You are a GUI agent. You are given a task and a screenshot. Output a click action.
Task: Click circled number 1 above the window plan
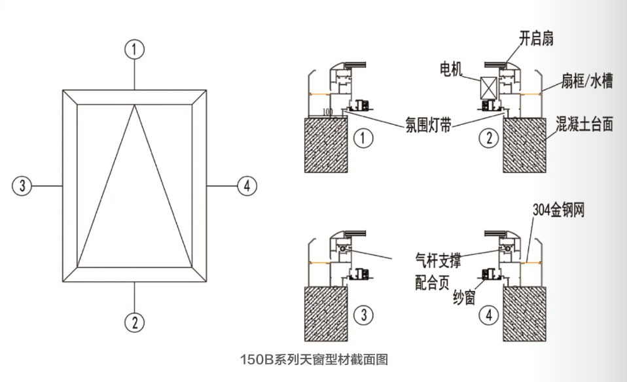point(135,49)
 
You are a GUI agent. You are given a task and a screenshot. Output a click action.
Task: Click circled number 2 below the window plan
point(135,321)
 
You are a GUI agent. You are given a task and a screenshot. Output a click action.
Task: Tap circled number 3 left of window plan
point(22,186)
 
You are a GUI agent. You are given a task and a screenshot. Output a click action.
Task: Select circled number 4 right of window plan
point(246,186)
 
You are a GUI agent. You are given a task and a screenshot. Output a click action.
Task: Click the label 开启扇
point(537,39)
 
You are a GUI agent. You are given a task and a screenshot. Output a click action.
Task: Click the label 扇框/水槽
point(586,82)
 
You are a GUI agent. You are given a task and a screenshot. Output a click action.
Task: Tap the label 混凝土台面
point(584,124)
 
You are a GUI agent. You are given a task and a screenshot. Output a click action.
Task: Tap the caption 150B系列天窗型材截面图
point(314,359)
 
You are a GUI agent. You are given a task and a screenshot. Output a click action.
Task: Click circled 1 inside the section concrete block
point(362,137)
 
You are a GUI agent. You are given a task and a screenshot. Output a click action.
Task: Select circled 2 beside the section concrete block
point(488,137)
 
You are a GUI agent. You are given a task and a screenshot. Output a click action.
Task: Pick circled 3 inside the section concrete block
point(362,315)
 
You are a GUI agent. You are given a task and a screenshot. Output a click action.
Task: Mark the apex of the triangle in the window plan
point(135,106)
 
